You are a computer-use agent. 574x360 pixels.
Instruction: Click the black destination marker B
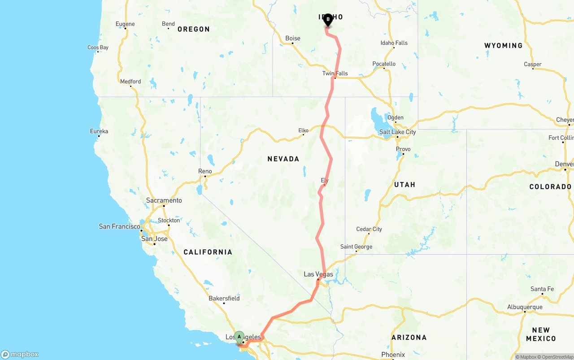(328, 20)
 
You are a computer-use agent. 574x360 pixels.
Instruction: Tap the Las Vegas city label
(318, 274)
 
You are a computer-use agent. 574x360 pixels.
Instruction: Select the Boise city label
(293, 38)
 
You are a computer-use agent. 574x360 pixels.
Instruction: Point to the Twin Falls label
(335, 74)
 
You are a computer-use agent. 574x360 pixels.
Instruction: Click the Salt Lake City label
(397, 132)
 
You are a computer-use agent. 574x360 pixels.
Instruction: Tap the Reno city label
(205, 171)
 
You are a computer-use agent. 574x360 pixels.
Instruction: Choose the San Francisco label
(119, 226)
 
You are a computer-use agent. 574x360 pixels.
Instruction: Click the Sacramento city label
(164, 200)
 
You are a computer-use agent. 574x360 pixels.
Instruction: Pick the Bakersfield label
(224, 298)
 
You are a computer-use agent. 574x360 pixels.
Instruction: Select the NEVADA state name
(283, 159)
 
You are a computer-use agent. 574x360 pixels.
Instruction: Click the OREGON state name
(193, 29)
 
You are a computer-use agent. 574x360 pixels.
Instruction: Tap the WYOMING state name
(503, 45)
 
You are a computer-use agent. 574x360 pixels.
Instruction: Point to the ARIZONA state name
(409, 337)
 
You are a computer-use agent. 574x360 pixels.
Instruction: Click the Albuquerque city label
(525, 307)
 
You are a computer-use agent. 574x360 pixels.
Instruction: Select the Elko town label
(304, 130)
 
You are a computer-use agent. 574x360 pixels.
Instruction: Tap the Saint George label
(356, 247)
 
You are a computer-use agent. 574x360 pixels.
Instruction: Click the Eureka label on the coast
(99, 131)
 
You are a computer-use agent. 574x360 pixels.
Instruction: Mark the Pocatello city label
(384, 64)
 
